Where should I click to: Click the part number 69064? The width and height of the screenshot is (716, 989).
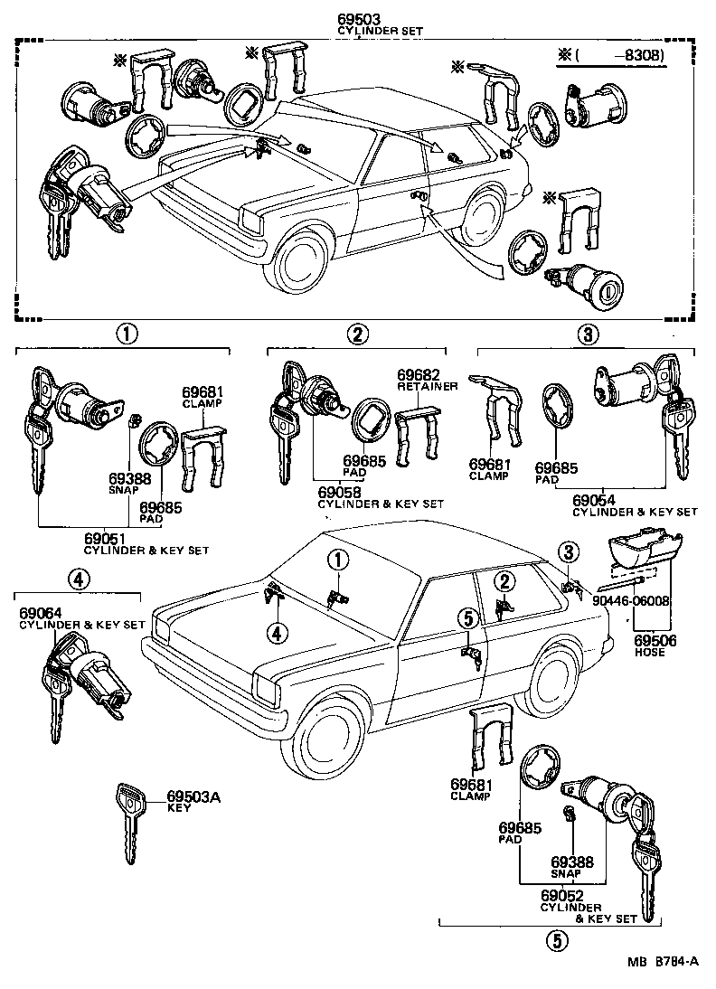coord(38,613)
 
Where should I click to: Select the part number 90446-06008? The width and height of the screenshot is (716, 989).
coord(632,600)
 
